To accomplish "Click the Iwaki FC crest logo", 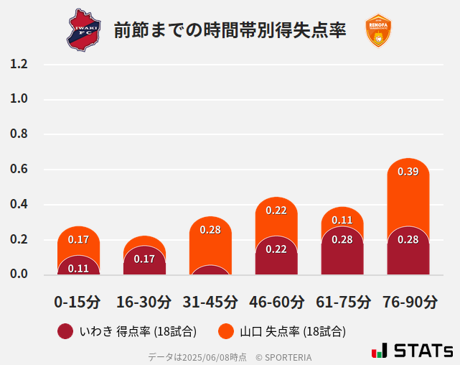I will (85, 29).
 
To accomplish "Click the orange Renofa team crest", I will (377, 30).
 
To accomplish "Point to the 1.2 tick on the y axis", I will (19, 64).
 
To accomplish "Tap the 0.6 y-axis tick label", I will (19, 170).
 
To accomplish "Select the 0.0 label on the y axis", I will (19, 274).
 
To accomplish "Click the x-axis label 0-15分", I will (78, 301).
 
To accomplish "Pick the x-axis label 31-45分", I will (210, 301).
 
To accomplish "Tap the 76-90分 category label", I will (409, 301).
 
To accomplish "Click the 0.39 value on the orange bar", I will (408, 172).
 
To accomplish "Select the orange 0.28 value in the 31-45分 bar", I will (210, 230).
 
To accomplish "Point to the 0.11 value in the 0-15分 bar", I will (78, 268).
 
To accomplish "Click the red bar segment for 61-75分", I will (342, 255).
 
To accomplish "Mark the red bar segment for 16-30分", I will (144, 262).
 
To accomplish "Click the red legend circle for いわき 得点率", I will (65, 331).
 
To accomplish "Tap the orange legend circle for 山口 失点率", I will (226, 331).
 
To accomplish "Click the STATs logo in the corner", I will (412, 351).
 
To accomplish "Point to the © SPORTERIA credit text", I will (283, 356).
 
